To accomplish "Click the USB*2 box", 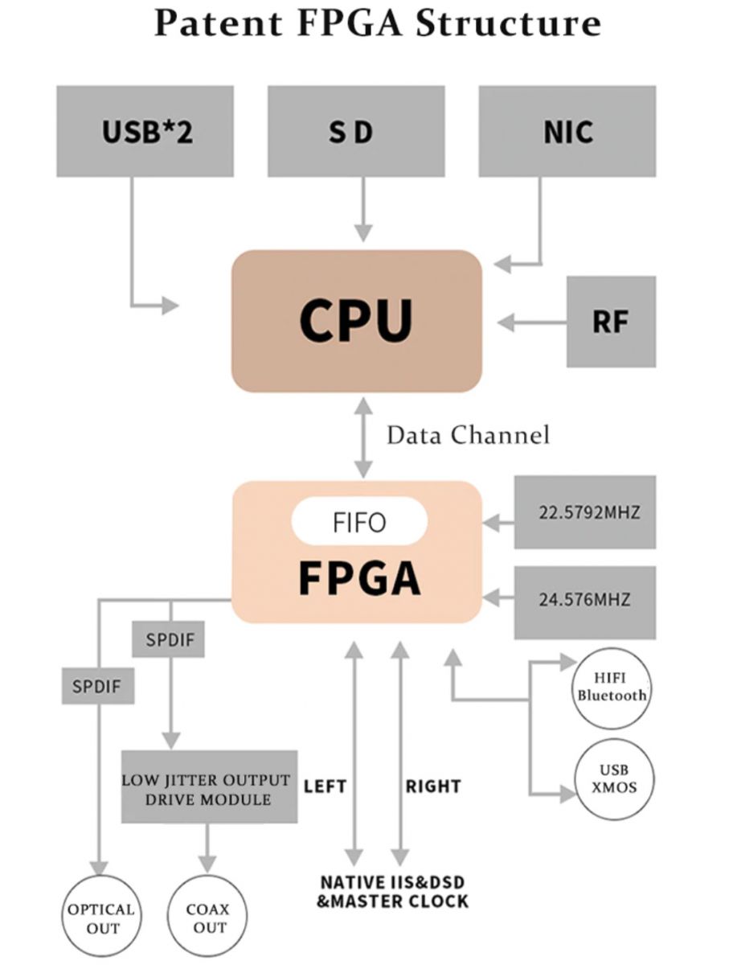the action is (145, 131).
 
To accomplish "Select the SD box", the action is (356, 131).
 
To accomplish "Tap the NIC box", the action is (567, 131).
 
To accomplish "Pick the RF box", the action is (611, 322).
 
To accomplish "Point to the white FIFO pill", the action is (359, 521).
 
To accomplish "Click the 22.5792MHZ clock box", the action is (585, 512).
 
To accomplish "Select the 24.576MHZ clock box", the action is (585, 602).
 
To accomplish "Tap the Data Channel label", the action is (468, 435).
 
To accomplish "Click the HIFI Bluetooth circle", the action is (612, 688).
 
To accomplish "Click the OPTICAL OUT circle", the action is (101, 916).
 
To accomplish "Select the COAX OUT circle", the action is (207, 916).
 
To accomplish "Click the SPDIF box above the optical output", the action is (97, 686).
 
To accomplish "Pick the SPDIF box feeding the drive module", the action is (168, 639).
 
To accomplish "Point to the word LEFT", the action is (325, 786).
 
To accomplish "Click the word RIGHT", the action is (433, 786).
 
